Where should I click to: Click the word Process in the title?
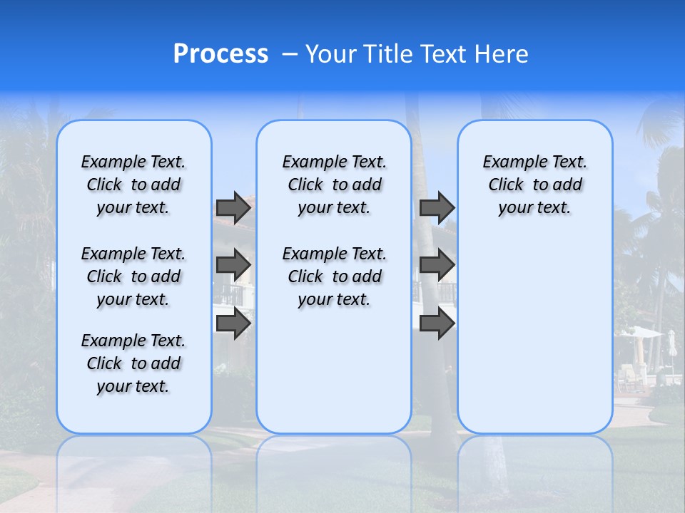pyautogui.click(x=220, y=54)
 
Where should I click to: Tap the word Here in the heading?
pyautogui.click(x=502, y=54)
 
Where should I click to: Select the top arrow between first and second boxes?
pyautogui.click(x=233, y=208)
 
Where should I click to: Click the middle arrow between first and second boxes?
pyautogui.click(x=233, y=265)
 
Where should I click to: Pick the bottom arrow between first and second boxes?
pyautogui.click(x=233, y=323)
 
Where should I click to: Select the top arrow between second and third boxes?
pyautogui.click(x=437, y=208)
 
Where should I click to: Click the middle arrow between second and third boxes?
pyautogui.click(x=437, y=265)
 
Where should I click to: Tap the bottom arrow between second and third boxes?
pyautogui.click(x=437, y=323)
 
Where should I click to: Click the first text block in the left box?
pyautogui.click(x=133, y=185)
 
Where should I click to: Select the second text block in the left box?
pyautogui.click(x=133, y=276)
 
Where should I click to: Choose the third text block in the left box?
pyautogui.click(x=133, y=363)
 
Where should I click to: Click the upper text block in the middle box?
pyautogui.click(x=334, y=185)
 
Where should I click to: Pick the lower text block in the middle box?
pyautogui.click(x=334, y=276)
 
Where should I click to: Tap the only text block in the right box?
pyautogui.click(x=534, y=185)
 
